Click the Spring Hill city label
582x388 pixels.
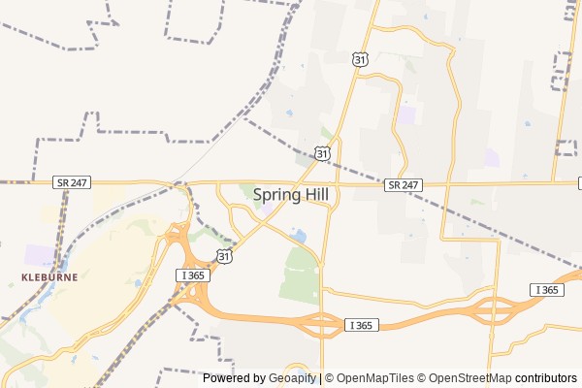tap(291, 194)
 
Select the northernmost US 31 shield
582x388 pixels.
tap(360, 59)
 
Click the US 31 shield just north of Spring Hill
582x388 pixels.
tap(322, 152)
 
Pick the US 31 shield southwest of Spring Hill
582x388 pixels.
tap(224, 255)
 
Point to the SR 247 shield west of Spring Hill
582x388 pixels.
tap(73, 181)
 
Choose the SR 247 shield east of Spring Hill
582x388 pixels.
tap(403, 184)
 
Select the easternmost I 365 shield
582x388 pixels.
tap(547, 290)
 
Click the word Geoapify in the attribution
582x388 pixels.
tap(291, 378)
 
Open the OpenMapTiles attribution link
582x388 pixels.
tap(372, 378)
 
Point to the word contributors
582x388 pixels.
tap(545, 378)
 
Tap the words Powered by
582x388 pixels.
tap(234, 378)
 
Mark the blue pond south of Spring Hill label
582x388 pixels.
tap(299, 236)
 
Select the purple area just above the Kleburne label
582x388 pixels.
tap(41, 255)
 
